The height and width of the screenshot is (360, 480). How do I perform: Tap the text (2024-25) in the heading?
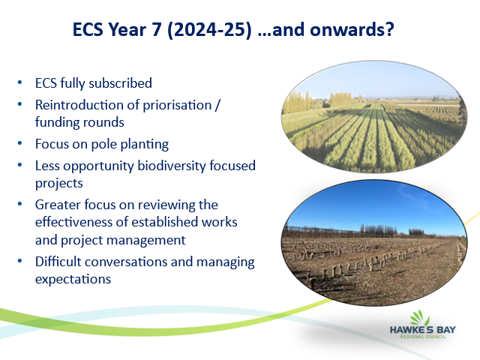[x=209, y=30]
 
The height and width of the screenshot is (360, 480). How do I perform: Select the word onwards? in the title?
[x=352, y=30]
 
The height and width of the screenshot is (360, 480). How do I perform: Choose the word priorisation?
[x=177, y=106]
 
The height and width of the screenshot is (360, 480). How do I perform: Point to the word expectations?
[x=73, y=280]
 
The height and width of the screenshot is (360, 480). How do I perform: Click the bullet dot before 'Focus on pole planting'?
[x=20, y=143]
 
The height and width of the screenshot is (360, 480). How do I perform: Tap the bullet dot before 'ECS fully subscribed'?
[x=20, y=82]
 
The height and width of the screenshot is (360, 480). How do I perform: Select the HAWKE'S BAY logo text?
[x=423, y=330]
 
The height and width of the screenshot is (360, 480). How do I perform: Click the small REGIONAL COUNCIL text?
[x=423, y=337]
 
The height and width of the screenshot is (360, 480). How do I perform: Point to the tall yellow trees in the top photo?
[x=296, y=102]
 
